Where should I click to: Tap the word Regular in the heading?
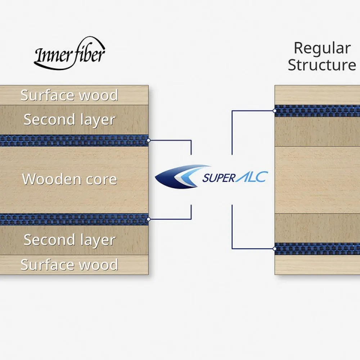[322, 48]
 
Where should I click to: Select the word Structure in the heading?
[322, 65]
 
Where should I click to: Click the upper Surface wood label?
[69, 95]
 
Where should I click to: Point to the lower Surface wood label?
[69, 265]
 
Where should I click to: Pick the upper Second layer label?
[69, 120]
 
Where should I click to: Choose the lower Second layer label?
[69, 240]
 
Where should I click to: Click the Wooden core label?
[69, 179]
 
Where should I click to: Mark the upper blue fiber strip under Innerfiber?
[72, 141]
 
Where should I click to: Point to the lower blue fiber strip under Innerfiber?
[72, 219]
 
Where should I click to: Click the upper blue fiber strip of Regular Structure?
[317, 111]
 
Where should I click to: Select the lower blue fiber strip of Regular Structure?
[317, 249]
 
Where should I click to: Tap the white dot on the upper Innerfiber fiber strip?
[148, 141]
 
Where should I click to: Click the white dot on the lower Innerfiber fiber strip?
[148, 219]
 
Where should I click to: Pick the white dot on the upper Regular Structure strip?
[275, 111]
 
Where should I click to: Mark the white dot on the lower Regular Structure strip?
[275, 249]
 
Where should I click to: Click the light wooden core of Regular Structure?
[317, 180]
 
